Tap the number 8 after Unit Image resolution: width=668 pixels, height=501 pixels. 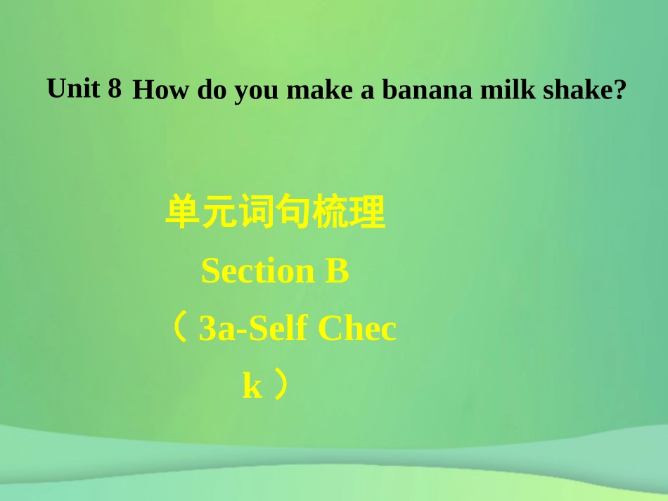[115, 89]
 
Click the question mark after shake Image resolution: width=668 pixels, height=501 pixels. [619, 91]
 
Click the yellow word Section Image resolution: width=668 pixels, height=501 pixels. [258, 272]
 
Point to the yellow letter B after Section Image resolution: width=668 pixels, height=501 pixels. [338, 272]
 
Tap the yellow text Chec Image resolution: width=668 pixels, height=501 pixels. [357, 329]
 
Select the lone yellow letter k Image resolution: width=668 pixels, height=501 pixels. [252, 386]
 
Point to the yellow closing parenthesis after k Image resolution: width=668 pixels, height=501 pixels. [281, 385]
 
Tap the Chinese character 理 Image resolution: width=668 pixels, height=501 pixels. [368, 214]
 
